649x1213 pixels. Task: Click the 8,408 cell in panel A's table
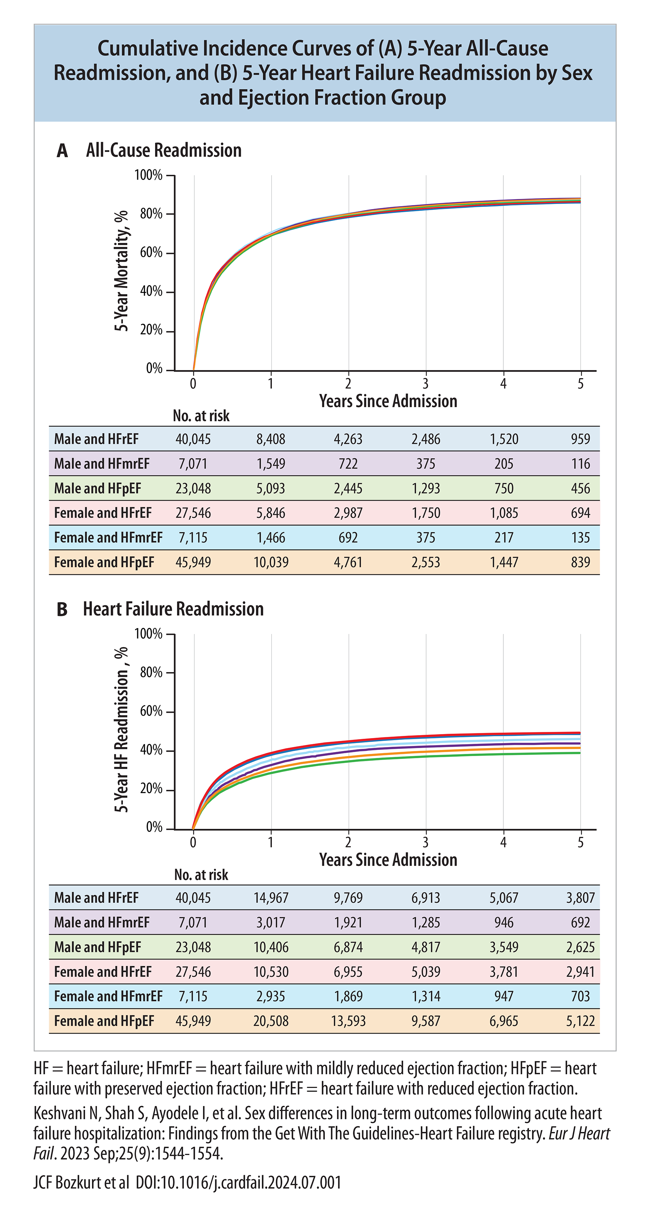[x=271, y=439]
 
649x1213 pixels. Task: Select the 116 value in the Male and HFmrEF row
[x=581, y=464]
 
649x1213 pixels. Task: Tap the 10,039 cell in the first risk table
[x=271, y=562]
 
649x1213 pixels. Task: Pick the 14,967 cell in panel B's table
[x=271, y=898]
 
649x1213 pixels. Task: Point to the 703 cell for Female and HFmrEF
[x=581, y=996]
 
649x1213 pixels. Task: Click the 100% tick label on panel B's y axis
[x=148, y=634]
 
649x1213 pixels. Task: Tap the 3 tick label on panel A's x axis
[x=426, y=384]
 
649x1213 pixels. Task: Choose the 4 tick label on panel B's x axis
[x=503, y=843]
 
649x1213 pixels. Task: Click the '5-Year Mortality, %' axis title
[x=122, y=271]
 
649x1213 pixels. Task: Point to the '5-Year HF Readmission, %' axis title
[x=122, y=729]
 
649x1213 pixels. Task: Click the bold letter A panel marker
[x=62, y=151]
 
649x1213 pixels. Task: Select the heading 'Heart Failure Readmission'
[x=173, y=609]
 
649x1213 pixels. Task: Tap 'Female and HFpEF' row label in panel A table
[x=104, y=562]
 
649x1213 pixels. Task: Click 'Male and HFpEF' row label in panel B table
[x=97, y=947]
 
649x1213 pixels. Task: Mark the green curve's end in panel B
[x=580, y=753]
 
